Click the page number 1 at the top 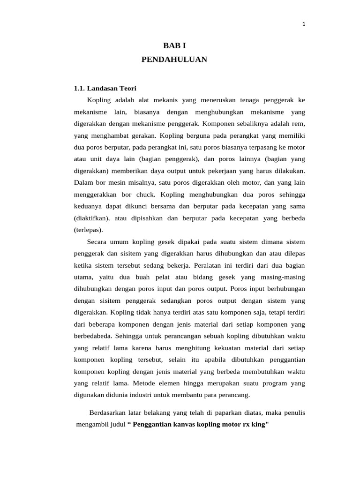point(304,25)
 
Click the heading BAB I point(174,46)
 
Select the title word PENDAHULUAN point(174,60)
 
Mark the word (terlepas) point(88,230)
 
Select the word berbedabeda point(93,336)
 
